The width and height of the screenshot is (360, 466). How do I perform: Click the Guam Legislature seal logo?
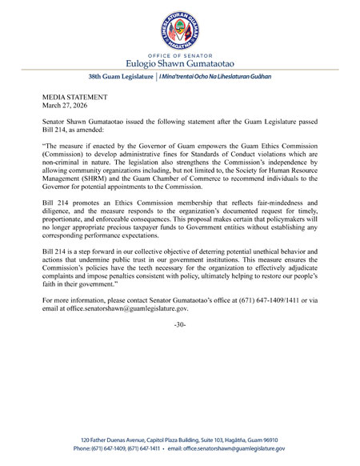click(181, 27)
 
